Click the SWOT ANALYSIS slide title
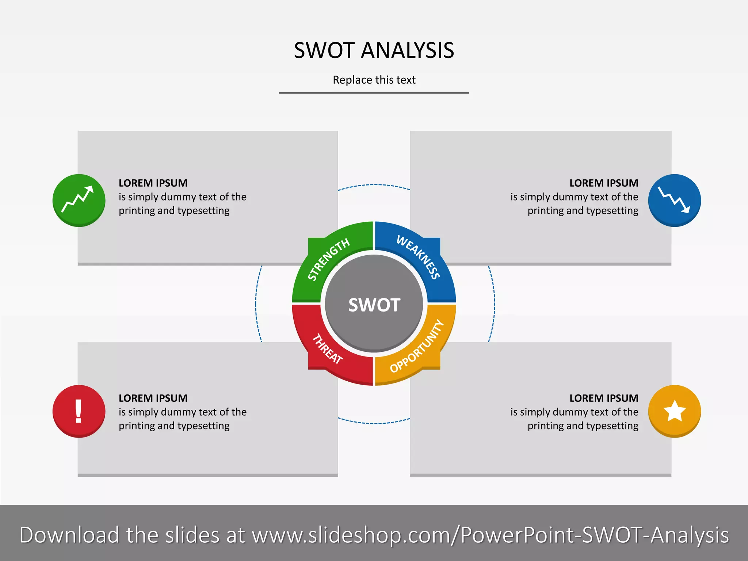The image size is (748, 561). pyautogui.click(x=374, y=50)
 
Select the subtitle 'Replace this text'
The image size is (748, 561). pyautogui.click(x=374, y=80)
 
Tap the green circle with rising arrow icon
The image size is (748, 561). pyautogui.click(x=79, y=200)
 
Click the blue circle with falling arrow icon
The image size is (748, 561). pyautogui.click(x=674, y=200)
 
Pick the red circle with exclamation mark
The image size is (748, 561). pyautogui.click(x=79, y=411)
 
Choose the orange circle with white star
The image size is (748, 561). pyautogui.click(x=674, y=411)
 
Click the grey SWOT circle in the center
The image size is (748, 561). pyautogui.click(x=374, y=305)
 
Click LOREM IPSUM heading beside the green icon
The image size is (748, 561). pyautogui.click(x=153, y=183)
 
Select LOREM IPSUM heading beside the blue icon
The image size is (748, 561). pyautogui.click(x=604, y=183)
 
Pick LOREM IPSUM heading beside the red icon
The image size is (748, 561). pyautogui.click(x=153, y=398)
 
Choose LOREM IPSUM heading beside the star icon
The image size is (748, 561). pyautogui.click(x=604, y=398)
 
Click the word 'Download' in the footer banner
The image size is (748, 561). pyautogui.click(x=69, y=535)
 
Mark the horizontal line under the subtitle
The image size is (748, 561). pyautogui.click(x=374, y=93)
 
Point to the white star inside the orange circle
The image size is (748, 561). pyautogui.click(x=674, y=411)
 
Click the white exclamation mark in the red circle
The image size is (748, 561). pyautogui.click(x=78, y=411)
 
